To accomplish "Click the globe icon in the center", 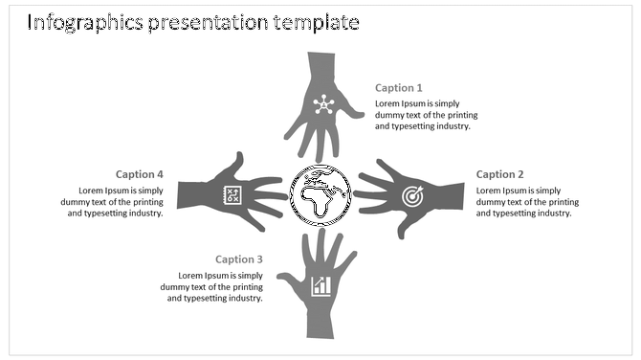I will point(320,195).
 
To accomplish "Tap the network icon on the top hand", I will point(322,104).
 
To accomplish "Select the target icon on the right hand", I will point(411,196).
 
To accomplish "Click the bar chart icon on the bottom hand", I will point(321,285).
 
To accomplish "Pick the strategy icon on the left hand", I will point(231,194).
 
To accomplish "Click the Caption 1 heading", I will point(399,88).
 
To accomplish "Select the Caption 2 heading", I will point(500,174).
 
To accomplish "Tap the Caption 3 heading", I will point(239,259).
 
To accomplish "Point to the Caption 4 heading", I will point(140,174).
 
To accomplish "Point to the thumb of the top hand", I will point(353,114).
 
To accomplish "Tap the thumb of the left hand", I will point(236,160).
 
